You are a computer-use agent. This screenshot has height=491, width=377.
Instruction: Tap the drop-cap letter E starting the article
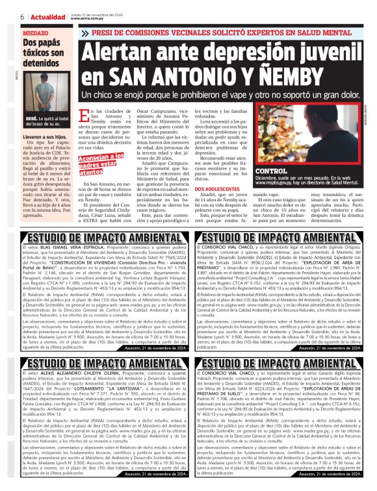pyautogui.click(x=83, y=117)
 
